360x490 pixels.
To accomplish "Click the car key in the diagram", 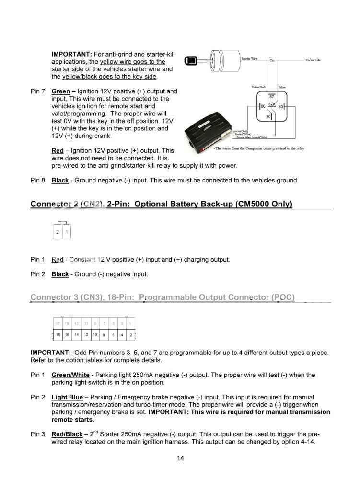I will (x=191, y=61).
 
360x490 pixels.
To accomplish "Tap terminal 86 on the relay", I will (x=263, y=106).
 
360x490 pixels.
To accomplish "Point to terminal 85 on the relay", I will (x=281, y=106).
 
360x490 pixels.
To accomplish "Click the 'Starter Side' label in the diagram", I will (x=313, y=60).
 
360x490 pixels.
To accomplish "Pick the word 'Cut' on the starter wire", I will (x=272, y=61).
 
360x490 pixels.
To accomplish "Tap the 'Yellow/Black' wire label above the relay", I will (x=259, y=87).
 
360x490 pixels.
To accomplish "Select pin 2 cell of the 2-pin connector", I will (x=58, y=232).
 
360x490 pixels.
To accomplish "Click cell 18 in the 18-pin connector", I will (x=58, y=334).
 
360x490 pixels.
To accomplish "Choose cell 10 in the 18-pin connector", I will (x=95, y=334).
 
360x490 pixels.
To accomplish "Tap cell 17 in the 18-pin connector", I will (x=58, y=324).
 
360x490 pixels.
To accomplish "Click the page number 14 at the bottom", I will (x=180, y=458).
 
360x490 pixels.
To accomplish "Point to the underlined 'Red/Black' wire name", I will (x=67, y=434).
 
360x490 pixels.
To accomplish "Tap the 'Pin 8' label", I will (x=38, y=181).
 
